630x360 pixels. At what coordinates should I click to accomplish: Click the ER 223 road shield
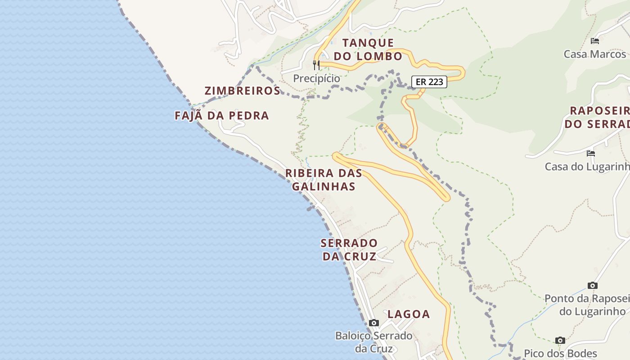(429, 82)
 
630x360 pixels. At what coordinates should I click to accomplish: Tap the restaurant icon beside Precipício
(316, 65)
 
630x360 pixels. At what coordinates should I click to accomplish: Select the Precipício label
(317, 78)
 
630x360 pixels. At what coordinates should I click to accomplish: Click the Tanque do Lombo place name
(368, 49)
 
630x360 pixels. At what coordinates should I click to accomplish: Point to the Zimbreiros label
(243, 90)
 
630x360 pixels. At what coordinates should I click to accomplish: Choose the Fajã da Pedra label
(222, 116)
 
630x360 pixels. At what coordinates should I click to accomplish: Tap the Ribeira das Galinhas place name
(324, 180)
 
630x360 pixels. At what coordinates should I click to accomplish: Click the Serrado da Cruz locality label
(349, 250)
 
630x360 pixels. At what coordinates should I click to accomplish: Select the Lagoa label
(409, 314)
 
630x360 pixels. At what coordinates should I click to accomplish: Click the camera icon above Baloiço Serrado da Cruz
(374, 323)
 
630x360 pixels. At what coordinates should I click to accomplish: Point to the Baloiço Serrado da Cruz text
(374, 342)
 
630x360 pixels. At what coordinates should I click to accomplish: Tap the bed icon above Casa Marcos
(595, 41)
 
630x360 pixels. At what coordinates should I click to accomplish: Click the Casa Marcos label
(595, 54)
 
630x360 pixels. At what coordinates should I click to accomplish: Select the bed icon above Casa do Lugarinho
(591, 153)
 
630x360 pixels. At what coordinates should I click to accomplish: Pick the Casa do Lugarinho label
(587, 166)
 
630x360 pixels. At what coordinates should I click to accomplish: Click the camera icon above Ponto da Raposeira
(593, 285)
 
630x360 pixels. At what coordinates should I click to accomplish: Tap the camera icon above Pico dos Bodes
(560, 340)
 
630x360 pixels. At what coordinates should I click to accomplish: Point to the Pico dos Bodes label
(560, 353)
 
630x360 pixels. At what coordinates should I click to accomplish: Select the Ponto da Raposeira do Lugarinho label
(587, 305)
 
